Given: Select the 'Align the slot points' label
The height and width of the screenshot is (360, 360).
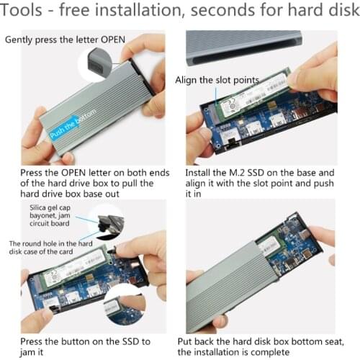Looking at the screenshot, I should [210, 80].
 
